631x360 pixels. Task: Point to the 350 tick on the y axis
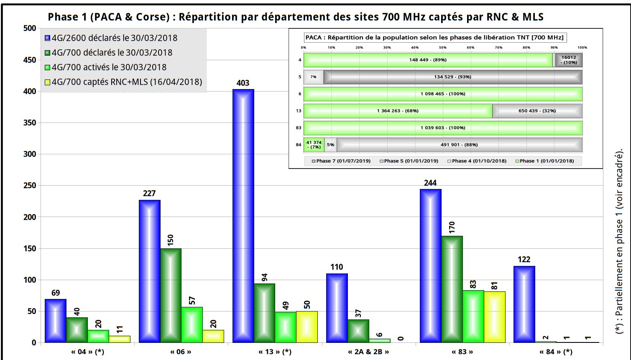[x=30, y=123]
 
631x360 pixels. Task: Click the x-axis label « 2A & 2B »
[x=368, y=352]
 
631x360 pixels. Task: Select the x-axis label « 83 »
[x=462, y=352]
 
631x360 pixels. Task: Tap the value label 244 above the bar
[x=430, y=183]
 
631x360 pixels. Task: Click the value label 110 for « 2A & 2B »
[x=337, y=267]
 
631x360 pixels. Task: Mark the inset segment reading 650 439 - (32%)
[x=537, y=111]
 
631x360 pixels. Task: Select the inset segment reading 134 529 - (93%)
[x=453, y=77]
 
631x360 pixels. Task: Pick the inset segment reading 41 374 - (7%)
[x=314, y=145]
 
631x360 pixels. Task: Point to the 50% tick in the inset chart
[x=442, y=48]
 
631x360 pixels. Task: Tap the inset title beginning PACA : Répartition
[x=434, y=37]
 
